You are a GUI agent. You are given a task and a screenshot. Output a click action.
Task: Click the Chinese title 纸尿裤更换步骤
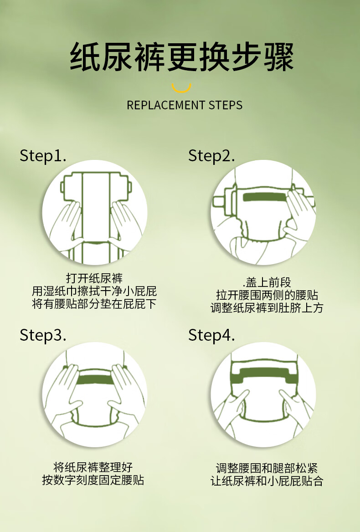pos(181,57)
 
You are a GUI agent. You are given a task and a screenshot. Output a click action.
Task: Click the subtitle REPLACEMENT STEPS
pos(185,105)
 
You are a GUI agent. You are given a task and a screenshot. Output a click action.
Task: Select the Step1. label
pos(43,156)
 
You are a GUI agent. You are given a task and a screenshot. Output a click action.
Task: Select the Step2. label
pos(211,156)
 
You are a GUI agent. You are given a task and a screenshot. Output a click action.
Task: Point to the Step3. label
pos(43,335)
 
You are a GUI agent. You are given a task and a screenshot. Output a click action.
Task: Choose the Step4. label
pos(211,335)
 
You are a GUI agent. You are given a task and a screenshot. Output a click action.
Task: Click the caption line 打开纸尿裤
pos(94,278)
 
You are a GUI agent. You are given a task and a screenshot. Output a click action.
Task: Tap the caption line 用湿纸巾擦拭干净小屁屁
pos(94,291)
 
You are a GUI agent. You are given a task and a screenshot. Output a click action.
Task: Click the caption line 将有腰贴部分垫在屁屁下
pos(94,304)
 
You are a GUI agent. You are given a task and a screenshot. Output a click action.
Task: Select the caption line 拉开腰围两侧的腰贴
pos(267,295)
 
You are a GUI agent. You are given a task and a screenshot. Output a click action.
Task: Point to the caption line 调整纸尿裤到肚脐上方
pos(267,308)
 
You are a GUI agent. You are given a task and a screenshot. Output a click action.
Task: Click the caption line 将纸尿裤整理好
pos(93,467)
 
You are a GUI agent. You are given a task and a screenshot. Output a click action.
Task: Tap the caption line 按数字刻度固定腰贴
pos(93,480)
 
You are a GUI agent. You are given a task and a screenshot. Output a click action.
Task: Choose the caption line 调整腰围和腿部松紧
pos(267,468)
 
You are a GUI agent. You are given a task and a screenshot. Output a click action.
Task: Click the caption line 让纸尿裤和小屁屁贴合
pos(267,481)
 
